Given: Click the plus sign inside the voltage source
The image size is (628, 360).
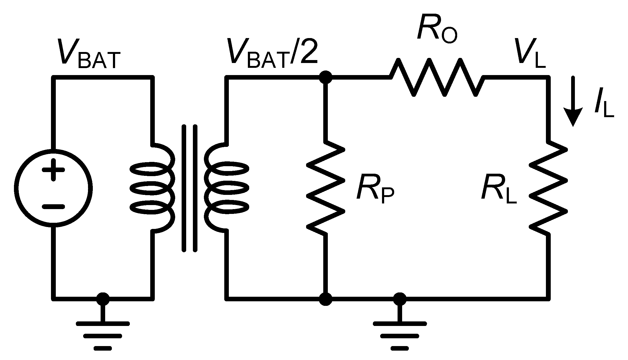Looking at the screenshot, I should (53, 169).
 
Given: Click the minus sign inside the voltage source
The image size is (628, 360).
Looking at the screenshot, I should (53, 206).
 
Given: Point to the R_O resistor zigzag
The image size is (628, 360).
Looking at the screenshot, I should (437, 78).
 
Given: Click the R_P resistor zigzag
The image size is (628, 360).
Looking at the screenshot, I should (325, 188).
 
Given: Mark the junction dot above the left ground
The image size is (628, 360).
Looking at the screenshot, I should (103, 299).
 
